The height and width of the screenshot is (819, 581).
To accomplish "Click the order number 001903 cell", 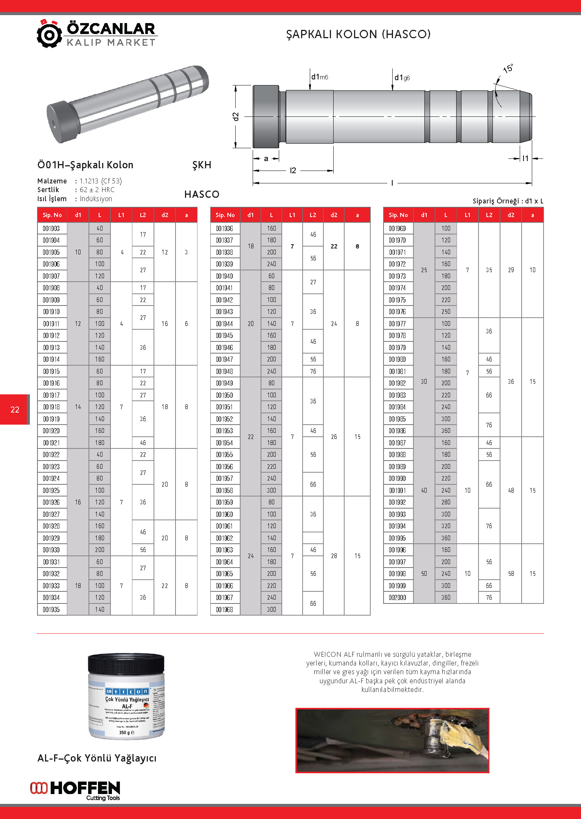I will (51, 228).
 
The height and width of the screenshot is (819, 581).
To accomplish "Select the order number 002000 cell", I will (398, 597).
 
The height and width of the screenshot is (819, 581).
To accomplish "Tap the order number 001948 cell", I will (225, 371).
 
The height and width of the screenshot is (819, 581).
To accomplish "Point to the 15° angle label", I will (508, 69).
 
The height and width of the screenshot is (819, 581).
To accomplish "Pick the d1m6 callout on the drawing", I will (319, 77).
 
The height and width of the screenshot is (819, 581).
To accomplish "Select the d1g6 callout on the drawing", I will (402, 78).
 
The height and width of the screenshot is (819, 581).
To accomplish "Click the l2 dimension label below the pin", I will (293, 171).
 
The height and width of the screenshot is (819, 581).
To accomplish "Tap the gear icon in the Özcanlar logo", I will (49, 34).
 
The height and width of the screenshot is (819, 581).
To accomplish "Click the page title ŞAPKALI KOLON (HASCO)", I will (358, 34).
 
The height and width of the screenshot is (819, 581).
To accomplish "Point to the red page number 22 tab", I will (15, 409).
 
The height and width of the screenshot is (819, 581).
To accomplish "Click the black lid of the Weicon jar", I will (126, 662).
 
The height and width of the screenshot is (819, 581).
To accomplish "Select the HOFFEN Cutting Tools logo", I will (75, 790).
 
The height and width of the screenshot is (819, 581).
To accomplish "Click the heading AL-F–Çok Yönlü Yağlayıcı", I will (97, 758).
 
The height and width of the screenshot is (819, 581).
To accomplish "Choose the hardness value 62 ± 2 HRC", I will (97, 190).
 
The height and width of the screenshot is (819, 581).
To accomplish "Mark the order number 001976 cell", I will (398, 312).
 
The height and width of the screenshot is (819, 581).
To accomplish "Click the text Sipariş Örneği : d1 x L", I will (508, 201).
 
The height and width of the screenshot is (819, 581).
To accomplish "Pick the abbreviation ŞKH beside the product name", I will (202, 165).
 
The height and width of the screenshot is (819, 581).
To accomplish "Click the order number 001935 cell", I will (51, 610).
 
